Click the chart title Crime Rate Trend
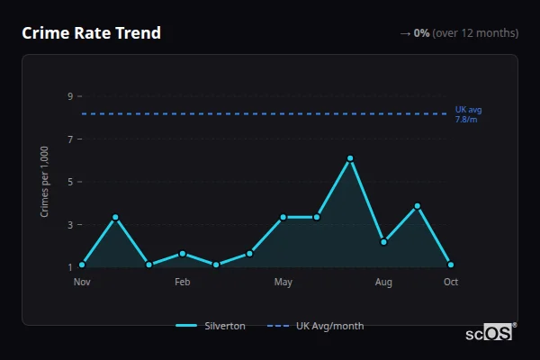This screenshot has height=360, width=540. (x=91, y=33)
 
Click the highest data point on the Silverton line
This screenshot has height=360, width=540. (x=350, y=158)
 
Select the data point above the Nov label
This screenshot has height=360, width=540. (x=82, y=265)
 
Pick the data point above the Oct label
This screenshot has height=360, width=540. (x=451, y=265)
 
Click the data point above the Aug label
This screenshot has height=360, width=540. (x=383, y=241)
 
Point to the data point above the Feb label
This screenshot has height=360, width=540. (x=183, y=253)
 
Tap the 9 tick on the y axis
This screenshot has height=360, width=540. (x=68, y=96)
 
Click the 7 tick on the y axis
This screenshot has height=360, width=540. (x=68, y=139)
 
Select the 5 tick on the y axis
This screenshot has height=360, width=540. (x=68, y=182)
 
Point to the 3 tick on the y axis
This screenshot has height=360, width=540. (x=68, y=224)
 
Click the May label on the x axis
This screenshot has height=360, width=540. (x=283, y=283)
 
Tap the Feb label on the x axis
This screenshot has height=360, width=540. (x=183, y=283)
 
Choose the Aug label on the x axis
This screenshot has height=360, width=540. (x=383, y=283)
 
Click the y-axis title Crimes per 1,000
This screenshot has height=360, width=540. (x=45, y=181)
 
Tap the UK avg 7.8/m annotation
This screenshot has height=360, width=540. (x=468, y=114)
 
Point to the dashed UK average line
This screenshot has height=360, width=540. (x=270, y=113)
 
